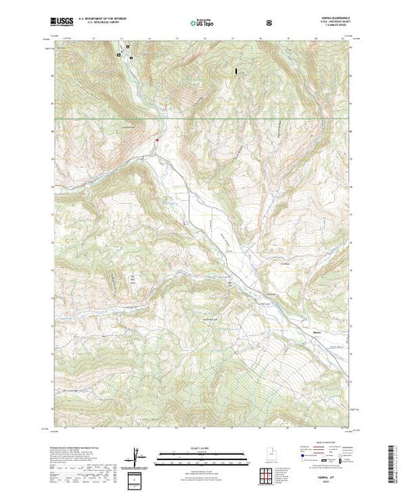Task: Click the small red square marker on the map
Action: (157, 141)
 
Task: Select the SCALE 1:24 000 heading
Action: (203, 447)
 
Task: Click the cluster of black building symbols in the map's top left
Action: (123, 55)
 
